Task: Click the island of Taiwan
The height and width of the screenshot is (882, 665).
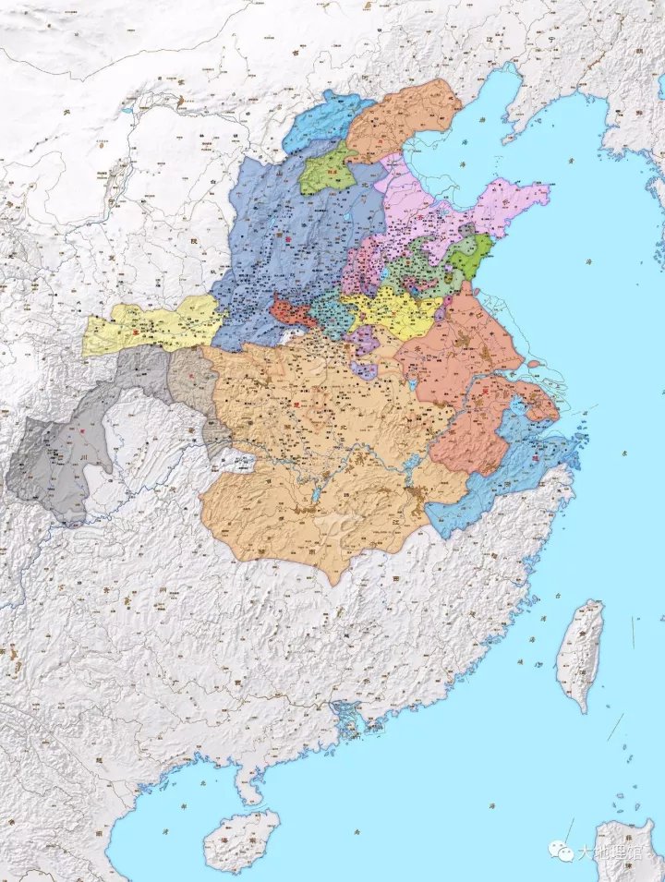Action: point(581,651)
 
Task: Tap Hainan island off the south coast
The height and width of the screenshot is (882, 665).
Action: point(241,838)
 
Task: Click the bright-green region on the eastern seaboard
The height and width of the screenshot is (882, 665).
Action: point(471,256)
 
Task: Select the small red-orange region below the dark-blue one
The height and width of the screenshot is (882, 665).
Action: point(293,311)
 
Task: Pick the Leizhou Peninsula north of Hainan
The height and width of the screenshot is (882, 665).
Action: point(247,785)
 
